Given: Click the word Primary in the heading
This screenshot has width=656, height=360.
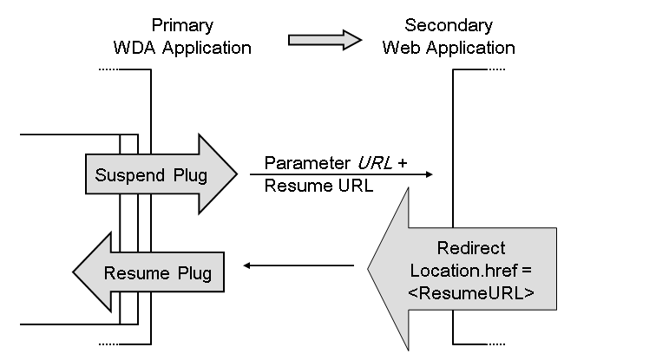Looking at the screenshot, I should point(182,26).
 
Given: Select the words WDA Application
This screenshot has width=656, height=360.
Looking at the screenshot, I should point(182,48).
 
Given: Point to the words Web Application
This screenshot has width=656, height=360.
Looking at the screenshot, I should point(448,48).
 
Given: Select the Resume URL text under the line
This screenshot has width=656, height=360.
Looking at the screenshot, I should point(307,185).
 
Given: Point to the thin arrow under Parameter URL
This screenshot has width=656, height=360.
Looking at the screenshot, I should point(347,174).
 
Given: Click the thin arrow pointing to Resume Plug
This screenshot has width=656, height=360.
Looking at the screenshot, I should point(298,265).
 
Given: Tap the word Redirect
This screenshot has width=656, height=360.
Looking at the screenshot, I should point(471,249).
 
